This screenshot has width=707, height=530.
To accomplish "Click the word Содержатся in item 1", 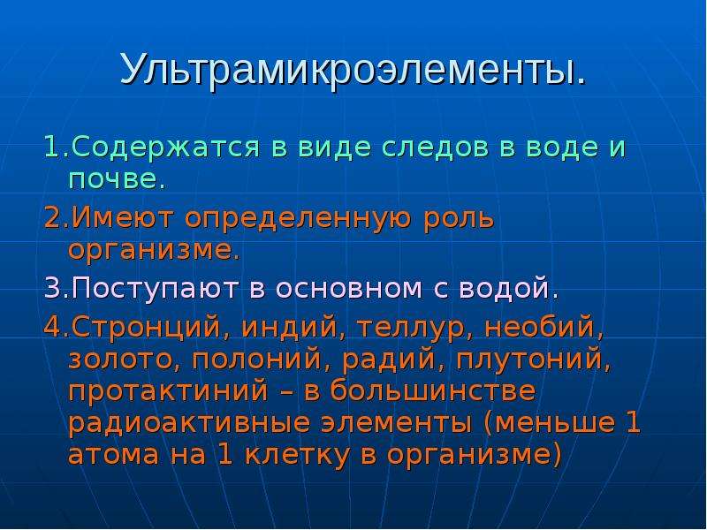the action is coord(165,148).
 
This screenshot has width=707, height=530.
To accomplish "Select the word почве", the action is coord(117,180).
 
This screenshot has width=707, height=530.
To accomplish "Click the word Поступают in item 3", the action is coord(155,289).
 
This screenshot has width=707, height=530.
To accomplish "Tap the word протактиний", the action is coord(168,390).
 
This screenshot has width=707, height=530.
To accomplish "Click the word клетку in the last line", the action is coord(297,455).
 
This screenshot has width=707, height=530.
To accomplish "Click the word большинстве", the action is coord(432,390).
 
